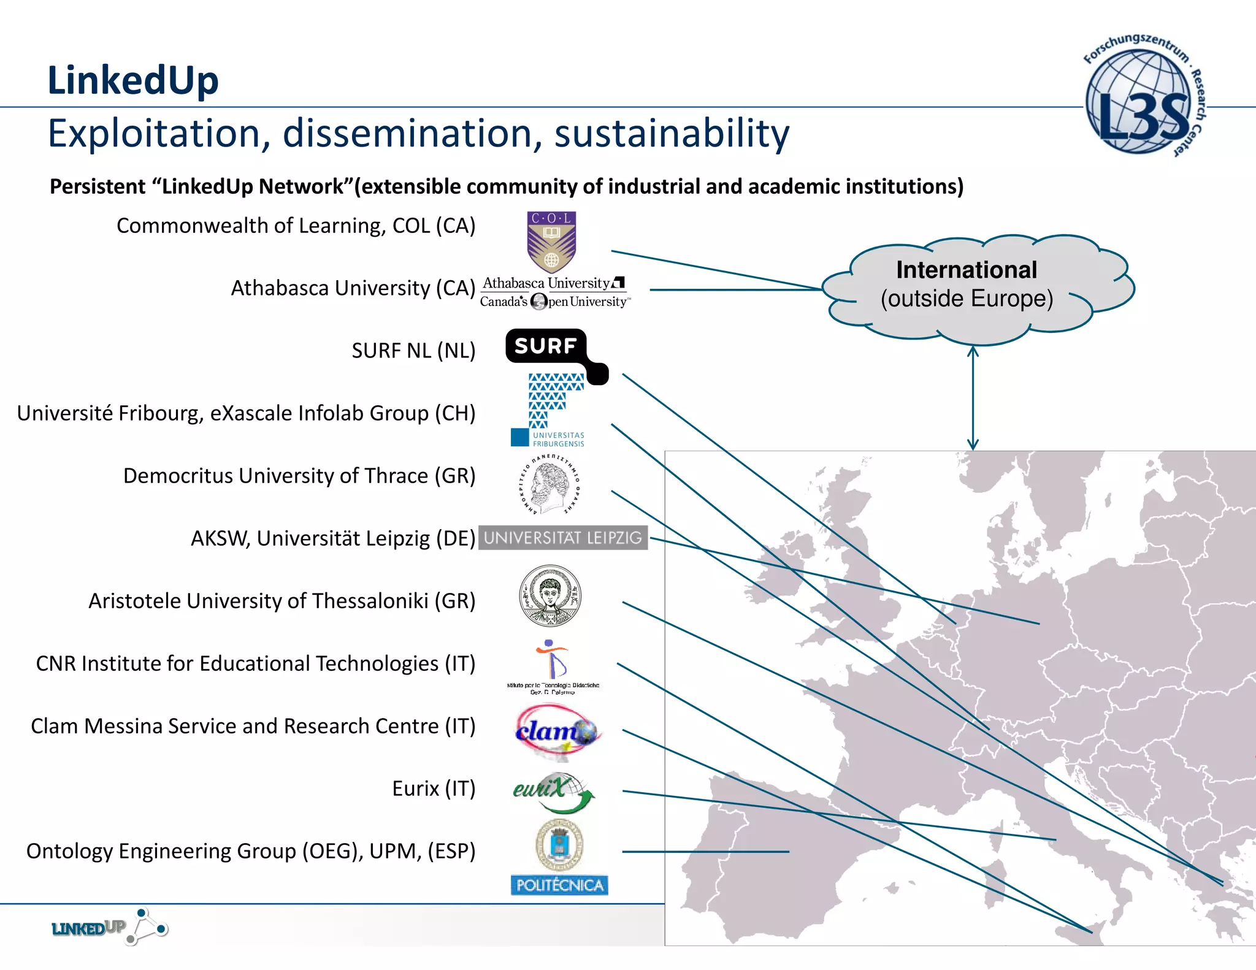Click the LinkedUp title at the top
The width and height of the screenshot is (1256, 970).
[x=133, y=80]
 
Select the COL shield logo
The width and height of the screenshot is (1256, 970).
[x=551, y=242]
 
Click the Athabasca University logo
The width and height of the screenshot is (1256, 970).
[x=554, y=292]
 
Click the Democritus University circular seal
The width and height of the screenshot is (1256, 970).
[x=551, y=484]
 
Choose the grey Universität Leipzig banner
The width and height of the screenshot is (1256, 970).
[x=562, y=538]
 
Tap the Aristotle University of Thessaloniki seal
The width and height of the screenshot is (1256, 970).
[x=550, y=595]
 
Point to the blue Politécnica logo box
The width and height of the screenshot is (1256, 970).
[x=559, y=885]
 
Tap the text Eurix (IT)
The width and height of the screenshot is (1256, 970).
[x=434, y=789]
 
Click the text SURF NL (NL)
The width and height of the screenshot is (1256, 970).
[x=413, y=351]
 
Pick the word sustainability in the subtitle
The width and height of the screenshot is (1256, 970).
[x=672, y=134]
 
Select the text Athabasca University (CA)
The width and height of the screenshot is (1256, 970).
[x=353, y=288]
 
